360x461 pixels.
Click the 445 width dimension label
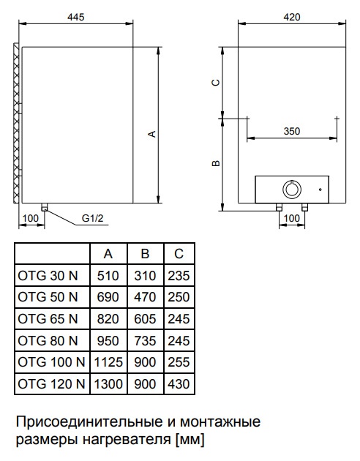coord(76,17)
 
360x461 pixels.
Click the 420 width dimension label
coord(292,17)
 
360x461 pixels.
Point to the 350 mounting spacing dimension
coord(292,131)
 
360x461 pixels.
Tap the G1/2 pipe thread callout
coord(93,218)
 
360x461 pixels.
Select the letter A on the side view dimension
coord(152,134)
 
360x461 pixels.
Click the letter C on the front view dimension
coord(216,83)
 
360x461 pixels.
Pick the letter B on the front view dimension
coord(216,162)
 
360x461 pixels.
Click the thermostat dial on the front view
coord(291,190)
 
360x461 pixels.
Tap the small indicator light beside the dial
coord(320,190)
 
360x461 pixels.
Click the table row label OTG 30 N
coord(48,276)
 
